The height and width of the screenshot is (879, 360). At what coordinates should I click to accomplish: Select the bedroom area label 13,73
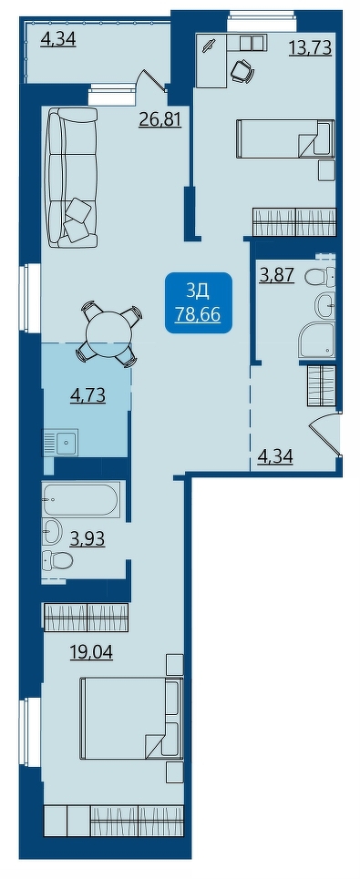(x=310, y=48)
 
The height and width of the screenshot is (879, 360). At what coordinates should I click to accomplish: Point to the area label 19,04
(x=91, y=652)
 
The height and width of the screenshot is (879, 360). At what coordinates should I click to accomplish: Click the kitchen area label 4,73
(x=88, y=396)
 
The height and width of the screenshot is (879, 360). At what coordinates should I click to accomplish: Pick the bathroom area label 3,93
(x=87, y=539)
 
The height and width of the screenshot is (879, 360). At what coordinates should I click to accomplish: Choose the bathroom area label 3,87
(x=277, y=275)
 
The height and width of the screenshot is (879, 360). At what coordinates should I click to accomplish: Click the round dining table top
(x=108, y=333)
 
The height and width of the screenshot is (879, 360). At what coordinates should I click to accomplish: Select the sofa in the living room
(x=72, y=178)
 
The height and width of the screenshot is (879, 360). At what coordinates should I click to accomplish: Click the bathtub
(x=81, y=499)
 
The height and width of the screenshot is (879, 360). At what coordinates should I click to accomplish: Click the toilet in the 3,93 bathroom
(x=58, y=560)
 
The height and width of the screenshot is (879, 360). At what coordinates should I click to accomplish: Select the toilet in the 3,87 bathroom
(x=322, y=275)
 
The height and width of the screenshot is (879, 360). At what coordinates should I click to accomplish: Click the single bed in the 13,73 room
(x=285, y=138)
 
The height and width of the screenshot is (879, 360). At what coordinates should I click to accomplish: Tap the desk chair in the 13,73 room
(x=242, y=70)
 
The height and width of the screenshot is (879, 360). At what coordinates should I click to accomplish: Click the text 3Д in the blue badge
(x=198, y=290)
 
